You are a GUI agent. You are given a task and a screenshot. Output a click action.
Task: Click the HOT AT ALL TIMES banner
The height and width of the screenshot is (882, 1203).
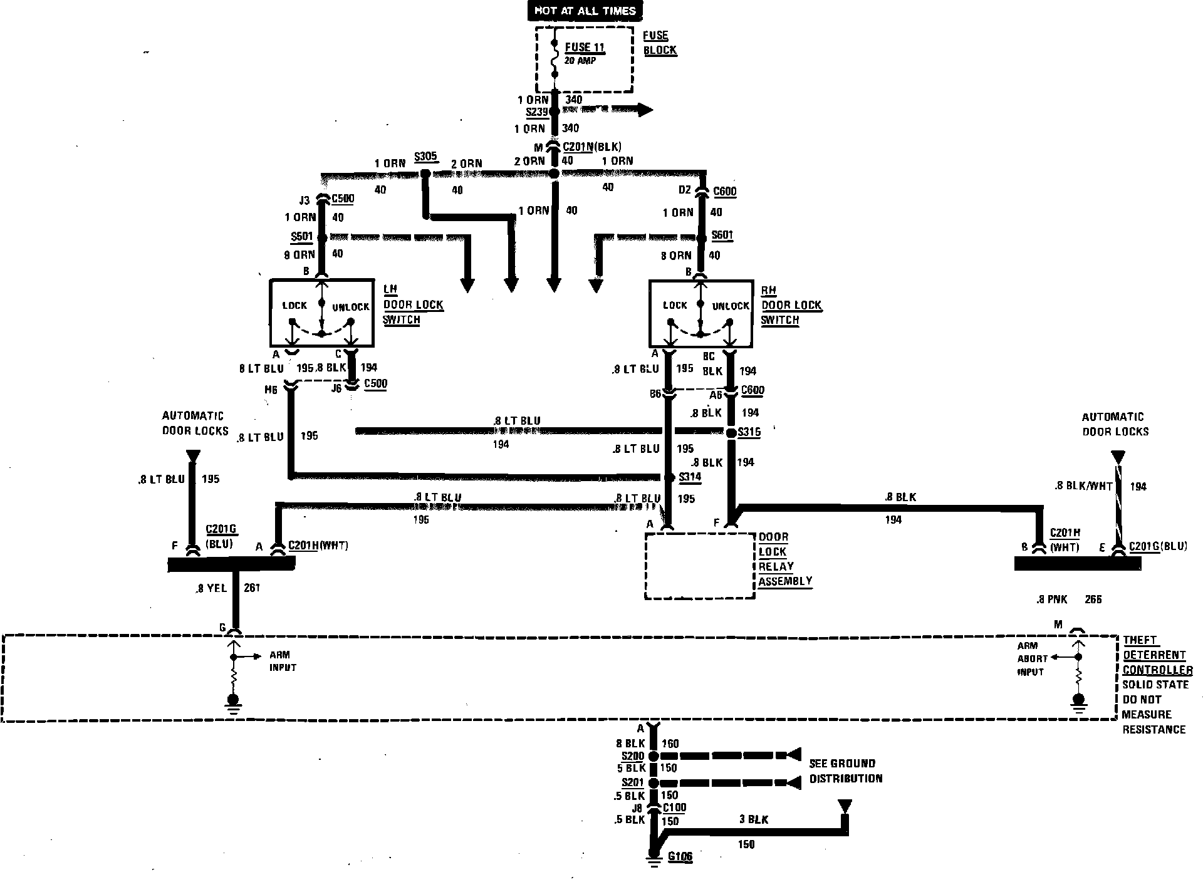coord(585,11)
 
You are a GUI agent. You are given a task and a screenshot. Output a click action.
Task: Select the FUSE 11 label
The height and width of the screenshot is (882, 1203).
coord(585,48)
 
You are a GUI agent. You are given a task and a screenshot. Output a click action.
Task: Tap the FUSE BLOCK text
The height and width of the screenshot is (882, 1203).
coord(660,43)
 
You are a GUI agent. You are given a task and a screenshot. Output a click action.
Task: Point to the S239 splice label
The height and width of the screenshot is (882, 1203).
coord(537,112)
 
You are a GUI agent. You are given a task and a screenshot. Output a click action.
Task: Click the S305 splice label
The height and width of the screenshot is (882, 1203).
coord(425,157)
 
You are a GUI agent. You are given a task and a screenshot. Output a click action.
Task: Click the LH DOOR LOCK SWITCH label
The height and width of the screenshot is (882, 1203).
coord(414,304)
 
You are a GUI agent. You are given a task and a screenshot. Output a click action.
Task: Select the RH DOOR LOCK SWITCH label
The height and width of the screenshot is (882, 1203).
coord(791,305)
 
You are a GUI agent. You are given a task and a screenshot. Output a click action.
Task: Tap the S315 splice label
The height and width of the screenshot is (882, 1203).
coord(749,432)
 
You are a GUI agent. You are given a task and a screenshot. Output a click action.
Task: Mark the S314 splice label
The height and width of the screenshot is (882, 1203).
coord(690,477)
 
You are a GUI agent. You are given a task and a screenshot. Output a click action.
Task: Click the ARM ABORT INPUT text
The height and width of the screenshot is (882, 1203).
coord(1031,659)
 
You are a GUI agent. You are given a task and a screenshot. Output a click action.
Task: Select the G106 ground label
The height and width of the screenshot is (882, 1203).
coord(680,857)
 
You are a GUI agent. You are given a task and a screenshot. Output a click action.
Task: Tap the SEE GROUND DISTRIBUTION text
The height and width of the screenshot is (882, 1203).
coord(845,771)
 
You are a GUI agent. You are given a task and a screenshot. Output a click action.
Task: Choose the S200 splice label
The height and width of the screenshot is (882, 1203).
coord(633,756)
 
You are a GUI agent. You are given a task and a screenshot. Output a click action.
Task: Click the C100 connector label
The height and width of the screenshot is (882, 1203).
coord(675,808)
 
